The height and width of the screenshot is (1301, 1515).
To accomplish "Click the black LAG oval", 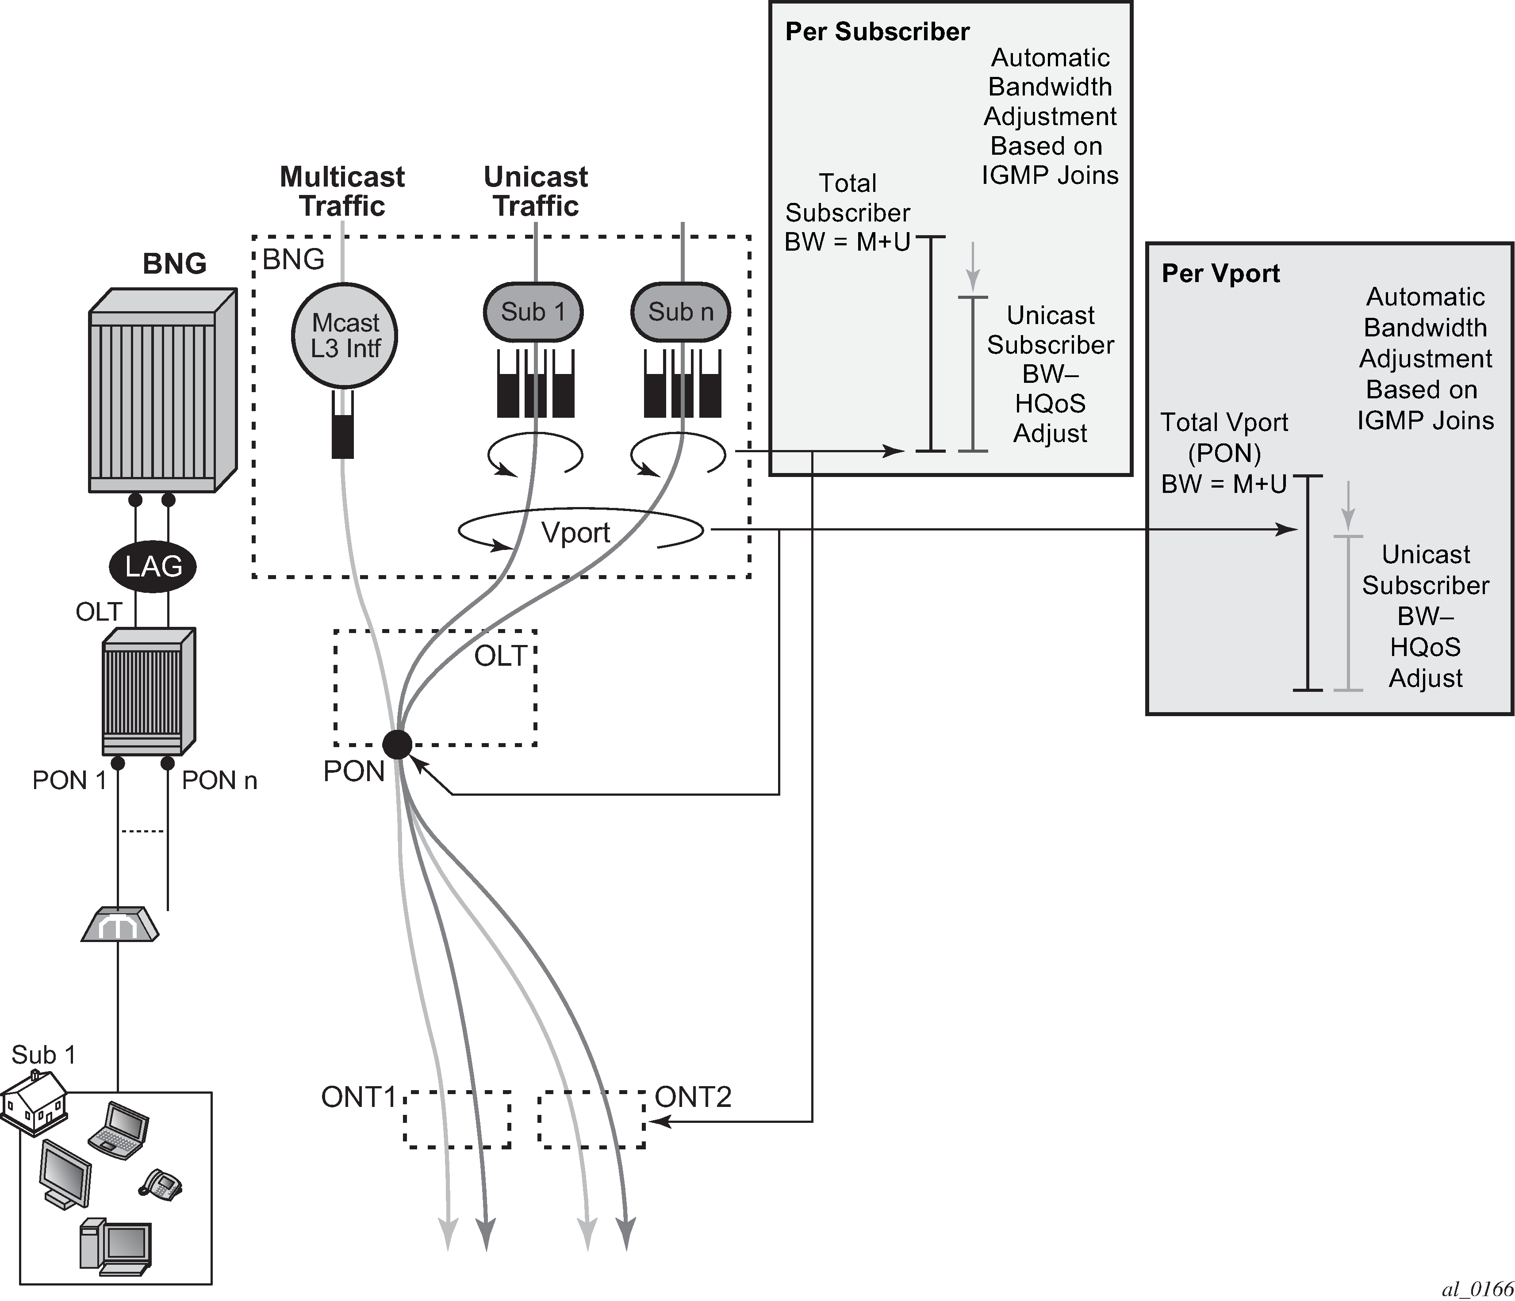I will point(153,566).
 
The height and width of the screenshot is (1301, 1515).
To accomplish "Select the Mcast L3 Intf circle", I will point(345,336).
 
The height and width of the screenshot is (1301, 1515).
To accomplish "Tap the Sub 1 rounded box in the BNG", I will point(533,312).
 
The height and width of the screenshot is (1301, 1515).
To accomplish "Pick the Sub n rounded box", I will point(681,312).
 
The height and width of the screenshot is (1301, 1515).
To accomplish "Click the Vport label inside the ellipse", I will point(575,533).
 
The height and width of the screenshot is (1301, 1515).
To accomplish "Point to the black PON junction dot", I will point(397,745).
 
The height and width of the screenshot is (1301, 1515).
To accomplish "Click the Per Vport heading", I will point(1220,273).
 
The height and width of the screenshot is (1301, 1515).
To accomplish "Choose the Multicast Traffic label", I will point(342,191).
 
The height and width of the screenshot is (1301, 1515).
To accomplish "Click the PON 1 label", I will point(69,781).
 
